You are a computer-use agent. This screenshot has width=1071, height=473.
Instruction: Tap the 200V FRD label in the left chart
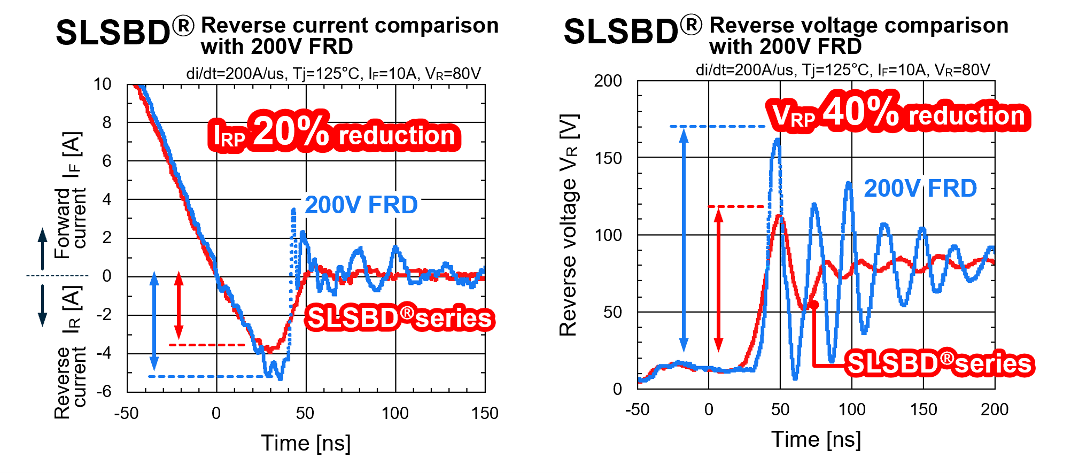[361, 205]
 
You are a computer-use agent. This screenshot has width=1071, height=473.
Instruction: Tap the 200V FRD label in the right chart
[920, 189]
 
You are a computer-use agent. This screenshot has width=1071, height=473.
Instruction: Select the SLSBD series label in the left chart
[399, 319]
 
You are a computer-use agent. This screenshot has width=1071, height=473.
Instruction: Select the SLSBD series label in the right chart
[940, 363]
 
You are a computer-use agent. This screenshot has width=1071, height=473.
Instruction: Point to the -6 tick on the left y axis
[104, 391]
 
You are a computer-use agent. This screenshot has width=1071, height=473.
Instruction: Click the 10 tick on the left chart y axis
[103, 84]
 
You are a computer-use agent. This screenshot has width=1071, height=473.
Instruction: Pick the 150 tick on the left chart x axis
[484, 413]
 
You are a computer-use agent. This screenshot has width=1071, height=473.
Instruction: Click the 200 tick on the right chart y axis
[608, 81]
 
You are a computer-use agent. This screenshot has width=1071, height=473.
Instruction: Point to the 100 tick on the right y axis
[608, 235]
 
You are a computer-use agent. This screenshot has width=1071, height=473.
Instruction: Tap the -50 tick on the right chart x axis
[637, 410]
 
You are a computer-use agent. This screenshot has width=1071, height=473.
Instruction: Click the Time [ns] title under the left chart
[306, 443]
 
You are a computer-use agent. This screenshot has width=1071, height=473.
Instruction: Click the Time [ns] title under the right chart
[816, 439]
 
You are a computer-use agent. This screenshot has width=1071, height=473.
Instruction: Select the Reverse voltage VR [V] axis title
[569, 224]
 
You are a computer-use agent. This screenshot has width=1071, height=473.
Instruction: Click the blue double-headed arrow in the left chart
[154, 321]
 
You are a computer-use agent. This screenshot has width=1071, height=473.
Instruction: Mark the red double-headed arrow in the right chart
[719, 280]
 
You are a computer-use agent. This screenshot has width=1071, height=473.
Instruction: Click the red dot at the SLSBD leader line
[814, 305]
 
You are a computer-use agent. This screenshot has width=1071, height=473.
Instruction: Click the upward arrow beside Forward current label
[43, 249]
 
